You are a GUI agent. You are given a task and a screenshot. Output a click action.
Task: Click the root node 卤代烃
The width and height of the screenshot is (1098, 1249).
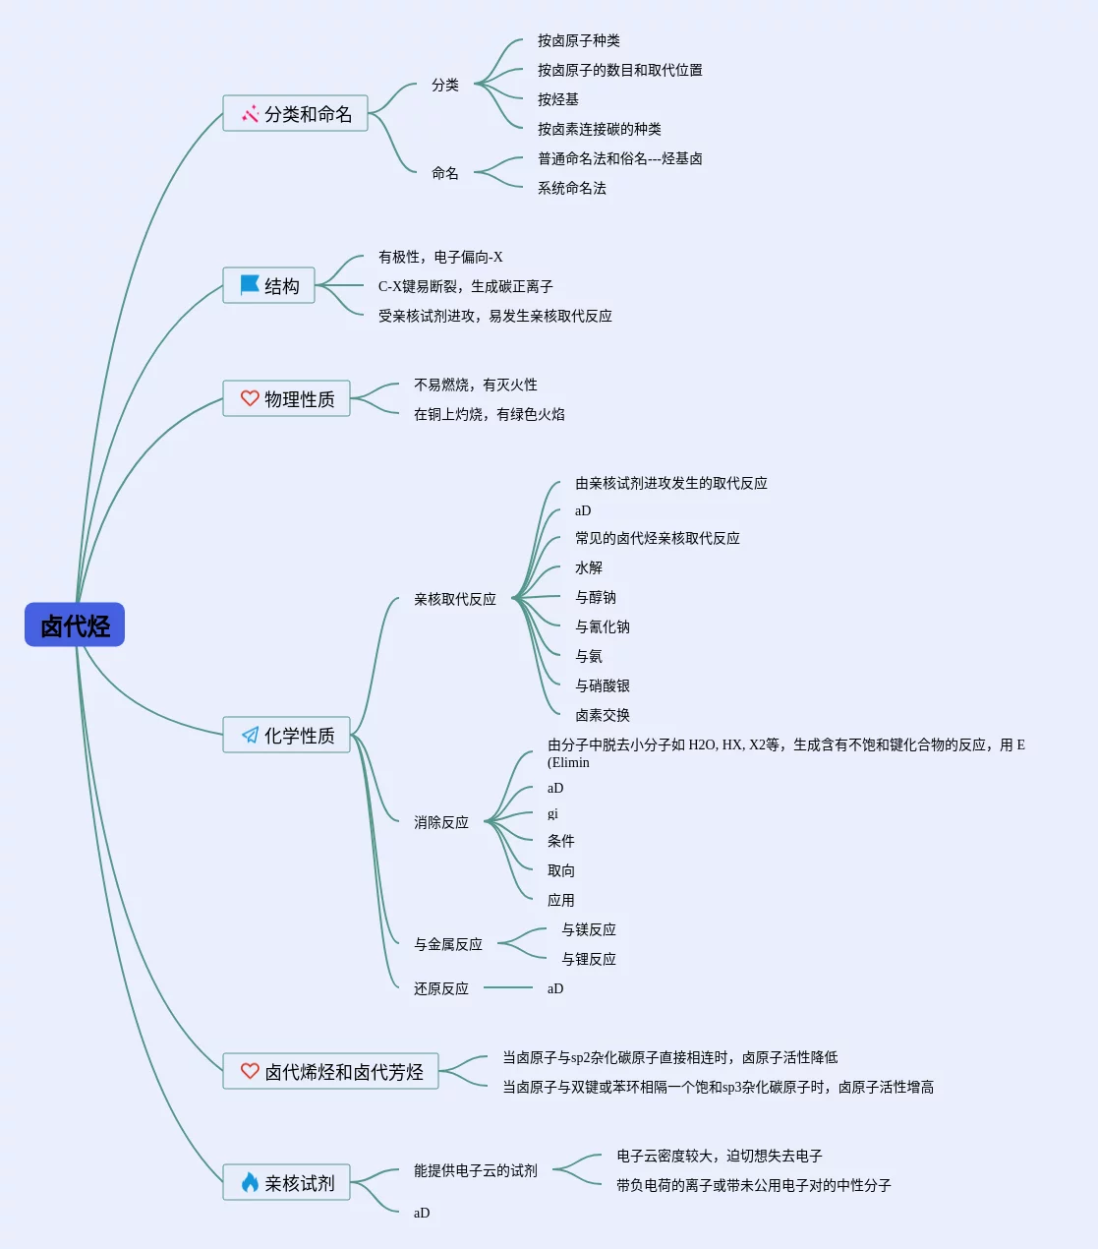coord(75,624)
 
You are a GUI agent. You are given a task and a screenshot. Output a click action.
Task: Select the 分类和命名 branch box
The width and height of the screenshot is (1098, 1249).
coord(295,114)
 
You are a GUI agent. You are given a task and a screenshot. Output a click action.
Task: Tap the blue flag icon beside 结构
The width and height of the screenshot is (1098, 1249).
coord(250,285)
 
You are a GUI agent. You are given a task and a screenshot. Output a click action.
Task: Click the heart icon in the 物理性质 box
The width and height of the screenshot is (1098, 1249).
coord(250,398)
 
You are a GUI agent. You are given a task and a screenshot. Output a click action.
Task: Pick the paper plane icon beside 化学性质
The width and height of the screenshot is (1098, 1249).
coord(250,735)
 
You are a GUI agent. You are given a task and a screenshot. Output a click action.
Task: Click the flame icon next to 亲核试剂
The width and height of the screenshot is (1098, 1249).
coord(250,1182)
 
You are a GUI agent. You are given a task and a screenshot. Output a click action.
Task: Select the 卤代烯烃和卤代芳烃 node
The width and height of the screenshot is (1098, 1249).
coord(331,1071)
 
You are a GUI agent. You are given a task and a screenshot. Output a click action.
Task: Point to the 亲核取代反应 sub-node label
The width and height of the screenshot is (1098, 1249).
coord(455,599)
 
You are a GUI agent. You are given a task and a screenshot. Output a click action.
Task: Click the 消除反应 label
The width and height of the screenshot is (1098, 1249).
coord(441,822)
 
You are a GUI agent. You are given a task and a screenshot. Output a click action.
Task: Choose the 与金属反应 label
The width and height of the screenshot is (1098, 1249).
coord(448,944)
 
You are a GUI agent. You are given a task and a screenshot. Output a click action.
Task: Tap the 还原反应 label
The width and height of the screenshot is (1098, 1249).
coord(441,988)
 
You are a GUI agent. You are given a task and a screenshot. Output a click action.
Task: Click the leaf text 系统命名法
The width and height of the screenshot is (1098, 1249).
coord(572,188)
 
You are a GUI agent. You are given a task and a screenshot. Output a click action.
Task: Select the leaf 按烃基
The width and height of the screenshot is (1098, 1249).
coord(558,99)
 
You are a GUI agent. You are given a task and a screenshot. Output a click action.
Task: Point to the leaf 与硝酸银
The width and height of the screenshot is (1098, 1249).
coord(603,685)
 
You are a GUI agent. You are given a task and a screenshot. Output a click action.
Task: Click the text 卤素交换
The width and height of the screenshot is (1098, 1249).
coord(603,715)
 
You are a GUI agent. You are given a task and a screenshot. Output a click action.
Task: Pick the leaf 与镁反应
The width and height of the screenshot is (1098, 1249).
coord(589,929)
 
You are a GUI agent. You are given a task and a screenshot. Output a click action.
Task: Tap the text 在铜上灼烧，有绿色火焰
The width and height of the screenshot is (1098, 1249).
coord(490,414)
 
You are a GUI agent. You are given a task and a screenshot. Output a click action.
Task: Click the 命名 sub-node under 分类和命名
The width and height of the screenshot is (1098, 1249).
coord(445,173)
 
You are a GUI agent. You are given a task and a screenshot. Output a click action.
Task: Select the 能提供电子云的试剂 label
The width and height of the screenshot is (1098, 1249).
coord(476,1170)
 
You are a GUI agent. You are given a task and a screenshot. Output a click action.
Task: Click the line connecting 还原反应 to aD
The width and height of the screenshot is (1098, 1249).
coord(508,987)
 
